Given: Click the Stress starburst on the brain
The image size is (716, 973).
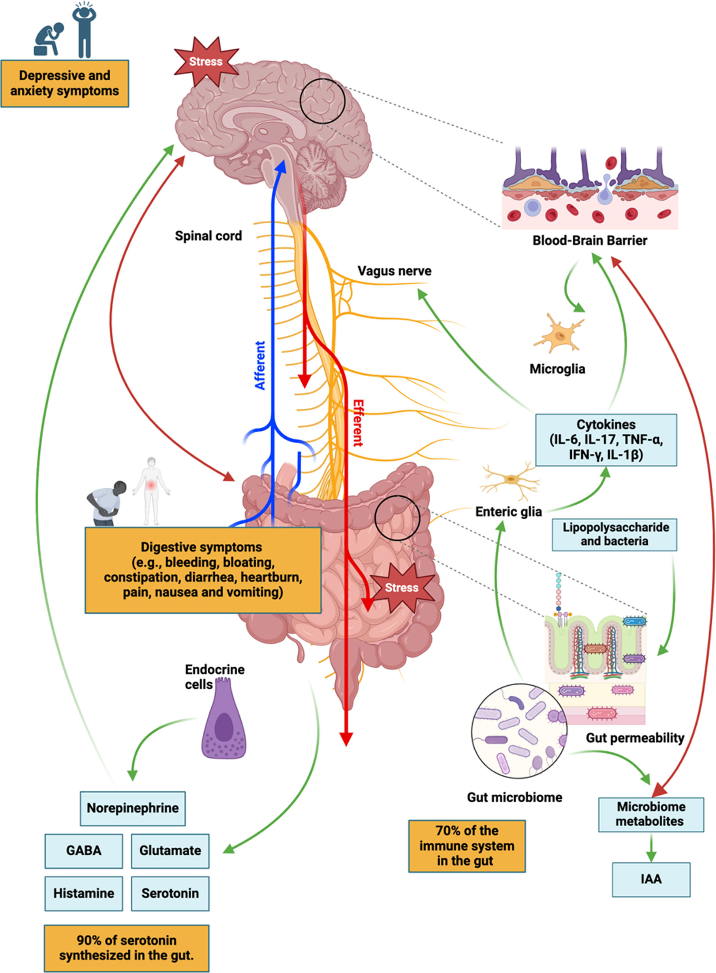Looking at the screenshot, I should (x=206, y=61).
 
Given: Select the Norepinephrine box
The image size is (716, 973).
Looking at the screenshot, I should (x=133, y=808).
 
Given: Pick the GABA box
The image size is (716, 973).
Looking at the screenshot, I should (x=84, y=850).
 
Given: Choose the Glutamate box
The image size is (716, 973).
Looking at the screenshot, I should (x=170, y=850).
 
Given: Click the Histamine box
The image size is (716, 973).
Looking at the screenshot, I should (x=84, y=893).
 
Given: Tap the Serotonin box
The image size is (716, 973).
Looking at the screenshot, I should (x=170, y=893).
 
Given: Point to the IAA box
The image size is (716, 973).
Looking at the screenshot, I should (x=650, y=879).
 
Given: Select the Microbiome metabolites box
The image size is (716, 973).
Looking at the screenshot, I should (x=650, y=814).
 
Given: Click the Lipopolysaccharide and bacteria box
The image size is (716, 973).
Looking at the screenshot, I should (x=614, y=534).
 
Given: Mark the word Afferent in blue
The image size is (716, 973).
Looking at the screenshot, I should (x=259, y=365).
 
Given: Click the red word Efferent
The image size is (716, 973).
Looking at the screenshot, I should (x=358, y=423).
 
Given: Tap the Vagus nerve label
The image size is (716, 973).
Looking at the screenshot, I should (x=395, y=271).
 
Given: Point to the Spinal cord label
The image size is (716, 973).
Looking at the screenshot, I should (x=209, y=236).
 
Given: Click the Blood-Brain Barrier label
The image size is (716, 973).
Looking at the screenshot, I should (x=590, y=241).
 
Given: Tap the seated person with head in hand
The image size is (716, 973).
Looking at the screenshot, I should (x=49, y=40).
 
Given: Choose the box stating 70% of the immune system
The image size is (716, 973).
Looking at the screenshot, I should (x=467, y=845).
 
